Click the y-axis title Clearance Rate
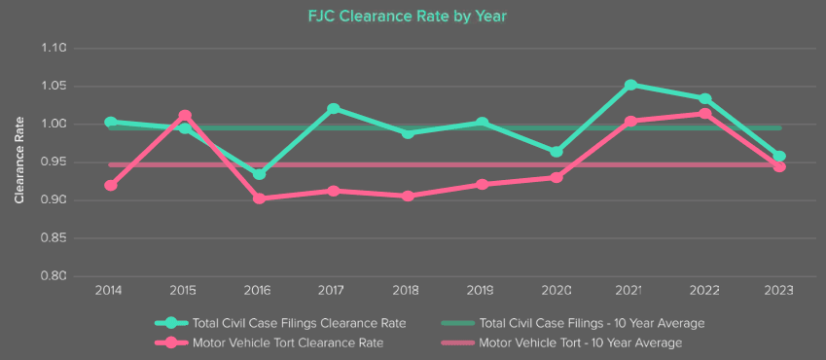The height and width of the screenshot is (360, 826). coord(19,161)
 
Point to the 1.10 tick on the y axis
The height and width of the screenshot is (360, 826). coord(54,48)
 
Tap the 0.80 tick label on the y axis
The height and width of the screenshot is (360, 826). coord(54,276)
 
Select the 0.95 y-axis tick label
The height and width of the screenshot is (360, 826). coord(54,162)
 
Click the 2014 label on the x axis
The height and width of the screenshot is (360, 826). coord(110,291)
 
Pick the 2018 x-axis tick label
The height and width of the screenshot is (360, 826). coord(408,291)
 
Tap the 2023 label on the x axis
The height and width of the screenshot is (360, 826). coord(778,291)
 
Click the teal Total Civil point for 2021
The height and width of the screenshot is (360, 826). coord(630,86)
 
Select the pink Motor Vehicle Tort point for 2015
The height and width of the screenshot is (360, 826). coord(185,116)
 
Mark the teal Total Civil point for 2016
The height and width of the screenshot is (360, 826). coord(259,174)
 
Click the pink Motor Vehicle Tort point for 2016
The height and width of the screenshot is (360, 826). coord(259,198)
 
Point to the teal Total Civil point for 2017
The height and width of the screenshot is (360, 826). coord(334,108)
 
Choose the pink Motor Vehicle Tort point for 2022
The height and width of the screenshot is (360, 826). coord(704,114)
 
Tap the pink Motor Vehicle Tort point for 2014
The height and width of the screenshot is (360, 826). coord(111,185)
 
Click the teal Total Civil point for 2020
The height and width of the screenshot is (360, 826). coord(557,152)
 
